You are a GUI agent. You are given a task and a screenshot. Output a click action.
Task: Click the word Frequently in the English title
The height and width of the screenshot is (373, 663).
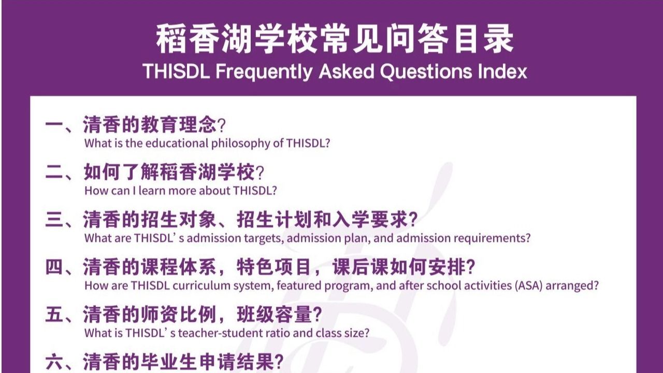click(264, 71)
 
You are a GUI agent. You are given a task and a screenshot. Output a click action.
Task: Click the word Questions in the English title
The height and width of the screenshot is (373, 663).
click(426, 71)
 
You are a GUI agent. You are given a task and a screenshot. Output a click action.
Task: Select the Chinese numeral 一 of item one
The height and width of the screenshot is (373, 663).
click(54, 125)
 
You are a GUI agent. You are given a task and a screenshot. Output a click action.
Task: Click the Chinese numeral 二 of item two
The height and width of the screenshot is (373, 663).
click(54, 173)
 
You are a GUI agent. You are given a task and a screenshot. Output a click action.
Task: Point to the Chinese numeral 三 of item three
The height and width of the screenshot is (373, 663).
click(54, 220)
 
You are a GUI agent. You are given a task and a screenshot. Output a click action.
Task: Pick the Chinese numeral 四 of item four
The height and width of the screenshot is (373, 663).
click(54, 267)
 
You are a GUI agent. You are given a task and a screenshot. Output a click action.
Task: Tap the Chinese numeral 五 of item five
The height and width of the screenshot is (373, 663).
click(54, 314)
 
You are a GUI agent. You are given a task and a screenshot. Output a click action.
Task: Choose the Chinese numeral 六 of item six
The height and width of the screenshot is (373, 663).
click(54, 362)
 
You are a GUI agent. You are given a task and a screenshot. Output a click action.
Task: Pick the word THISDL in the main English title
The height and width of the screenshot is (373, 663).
click(176, 71)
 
